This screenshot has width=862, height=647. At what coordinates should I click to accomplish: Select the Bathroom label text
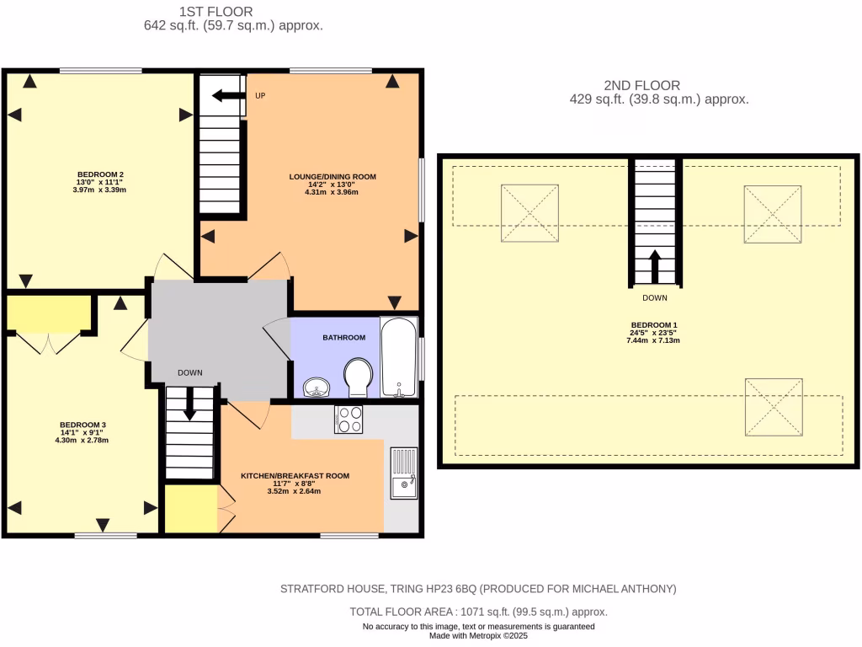[343, 338]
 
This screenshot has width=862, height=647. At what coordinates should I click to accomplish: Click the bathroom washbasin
[317, 387]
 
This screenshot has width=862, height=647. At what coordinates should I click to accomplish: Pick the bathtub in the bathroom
[397, 356]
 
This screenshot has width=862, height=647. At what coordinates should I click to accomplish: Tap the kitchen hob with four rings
[349, 420]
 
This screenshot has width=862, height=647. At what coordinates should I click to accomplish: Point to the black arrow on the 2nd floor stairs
[654, 266]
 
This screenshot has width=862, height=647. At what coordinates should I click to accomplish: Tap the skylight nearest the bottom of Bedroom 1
[774, 406]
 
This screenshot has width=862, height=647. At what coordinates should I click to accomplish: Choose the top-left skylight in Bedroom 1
[530, 212]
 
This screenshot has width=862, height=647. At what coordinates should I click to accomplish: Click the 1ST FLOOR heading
[215, 12]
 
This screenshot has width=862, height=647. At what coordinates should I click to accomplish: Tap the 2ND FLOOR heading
[641, 85]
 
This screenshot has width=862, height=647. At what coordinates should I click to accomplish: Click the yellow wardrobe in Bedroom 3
[48, 312]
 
